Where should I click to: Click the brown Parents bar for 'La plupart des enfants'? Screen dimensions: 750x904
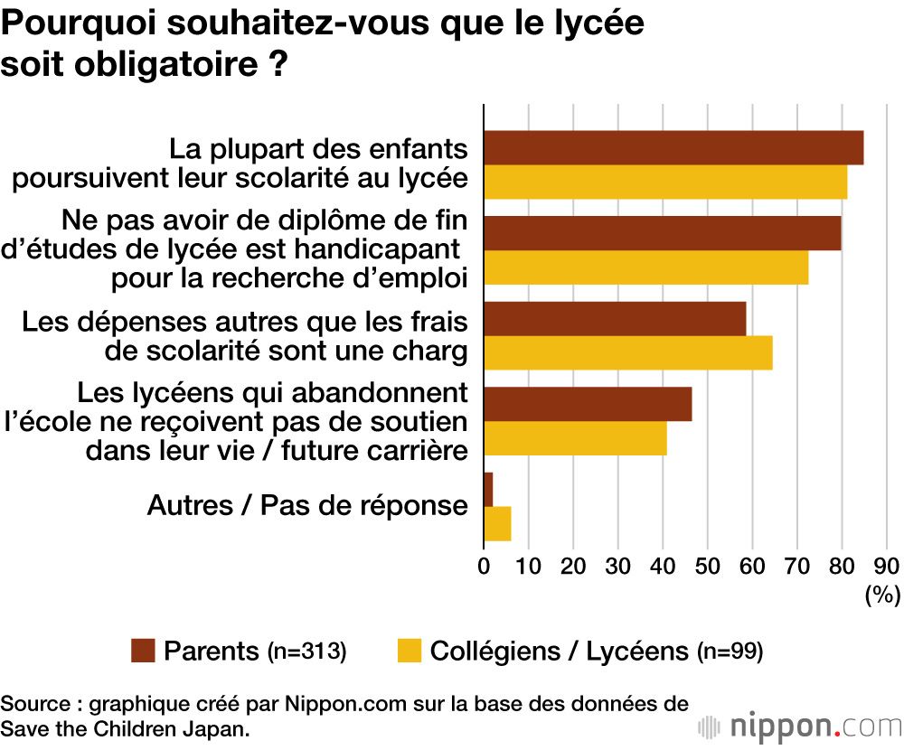(x=673, y=148)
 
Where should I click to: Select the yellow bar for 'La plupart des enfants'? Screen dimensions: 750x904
(x=665, y=182)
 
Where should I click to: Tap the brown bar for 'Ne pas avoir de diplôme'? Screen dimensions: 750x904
(x=663, y=233)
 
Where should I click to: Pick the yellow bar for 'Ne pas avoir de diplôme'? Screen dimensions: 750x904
(x=645, y=267)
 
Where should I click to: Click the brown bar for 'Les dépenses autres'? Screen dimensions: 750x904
(x=615, y=319)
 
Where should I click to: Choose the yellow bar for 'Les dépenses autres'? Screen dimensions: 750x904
(x=628, y=352)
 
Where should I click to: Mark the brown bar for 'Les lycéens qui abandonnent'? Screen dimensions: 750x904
(x=588, y=404)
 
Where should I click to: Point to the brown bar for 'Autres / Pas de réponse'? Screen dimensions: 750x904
(x=488, y=490)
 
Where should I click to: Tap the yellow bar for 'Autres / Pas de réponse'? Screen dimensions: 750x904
(x=497, y=524)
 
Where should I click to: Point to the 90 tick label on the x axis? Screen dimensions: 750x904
(x=886, y=567)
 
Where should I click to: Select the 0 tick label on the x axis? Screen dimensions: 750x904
(x=485, y=567)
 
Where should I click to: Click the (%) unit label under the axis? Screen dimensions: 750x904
(x=882, y=595)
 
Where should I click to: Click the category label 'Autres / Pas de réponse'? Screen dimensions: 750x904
(x=307, y=506)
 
